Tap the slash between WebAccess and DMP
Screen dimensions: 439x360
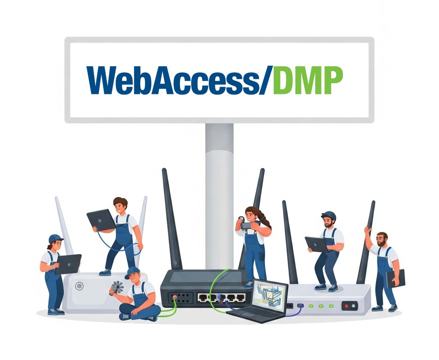pos(266,81)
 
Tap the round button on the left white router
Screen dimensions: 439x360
pos(79,286)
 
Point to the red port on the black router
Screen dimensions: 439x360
pos(175,297)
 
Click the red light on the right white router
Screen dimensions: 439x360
pos(347,306)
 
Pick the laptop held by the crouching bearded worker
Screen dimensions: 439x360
pos(316,244)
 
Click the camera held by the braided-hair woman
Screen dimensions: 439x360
pos(247,225)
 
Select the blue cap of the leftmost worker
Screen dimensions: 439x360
pos(56,239)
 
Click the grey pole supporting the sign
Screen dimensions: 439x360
pos(219,196)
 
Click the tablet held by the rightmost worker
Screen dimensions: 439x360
pos(396,279)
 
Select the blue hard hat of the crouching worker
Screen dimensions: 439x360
pos(329,215)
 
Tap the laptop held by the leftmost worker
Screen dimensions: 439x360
pos(68,264)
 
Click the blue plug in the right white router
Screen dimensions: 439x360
pos(301,306)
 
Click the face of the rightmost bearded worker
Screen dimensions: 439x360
pos(382,240)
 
